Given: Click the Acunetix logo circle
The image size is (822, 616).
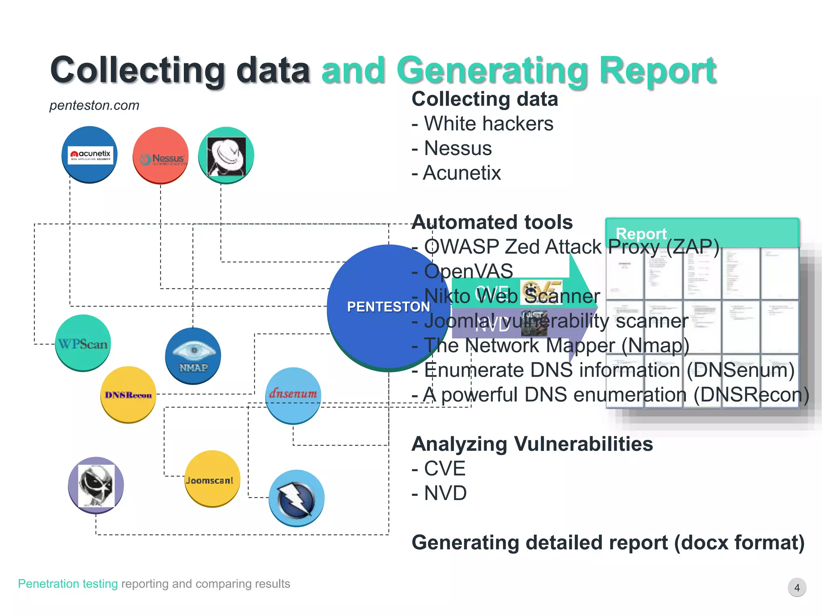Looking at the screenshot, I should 90,154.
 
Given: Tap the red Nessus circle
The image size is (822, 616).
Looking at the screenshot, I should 161,155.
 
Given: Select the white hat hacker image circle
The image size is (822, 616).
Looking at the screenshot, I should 226,155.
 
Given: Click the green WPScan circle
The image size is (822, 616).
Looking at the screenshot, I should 83,343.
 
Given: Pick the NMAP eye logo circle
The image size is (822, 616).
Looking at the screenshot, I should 193,356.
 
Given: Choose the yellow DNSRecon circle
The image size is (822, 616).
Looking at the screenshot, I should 128,394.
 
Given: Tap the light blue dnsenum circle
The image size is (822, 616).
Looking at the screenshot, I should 293,395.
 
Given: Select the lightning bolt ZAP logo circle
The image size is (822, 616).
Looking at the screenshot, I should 296,498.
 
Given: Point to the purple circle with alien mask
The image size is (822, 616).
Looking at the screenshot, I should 96,485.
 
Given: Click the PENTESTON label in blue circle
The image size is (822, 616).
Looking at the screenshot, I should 388,307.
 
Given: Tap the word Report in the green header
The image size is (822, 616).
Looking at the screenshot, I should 641,233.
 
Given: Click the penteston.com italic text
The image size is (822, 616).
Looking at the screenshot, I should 94,105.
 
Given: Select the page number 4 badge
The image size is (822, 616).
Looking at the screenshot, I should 797,588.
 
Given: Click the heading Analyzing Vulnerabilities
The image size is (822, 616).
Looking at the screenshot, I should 532,444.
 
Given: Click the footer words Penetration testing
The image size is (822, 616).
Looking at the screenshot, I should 68,584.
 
